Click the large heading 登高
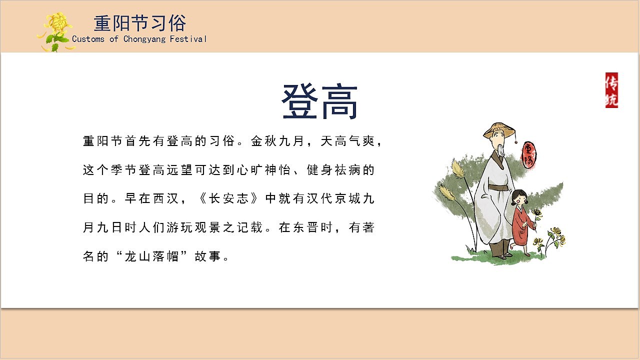coord(319,102)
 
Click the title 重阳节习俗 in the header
coord(140,23)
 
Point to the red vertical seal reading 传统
coord(611,90)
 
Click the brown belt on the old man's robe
coord(498,188)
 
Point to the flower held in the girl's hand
coord(536,214)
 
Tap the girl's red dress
coord(520,225)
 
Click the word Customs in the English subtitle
coord(88,39)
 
